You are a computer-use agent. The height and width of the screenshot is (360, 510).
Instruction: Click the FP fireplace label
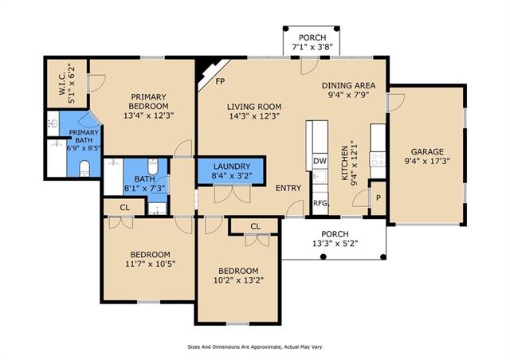tap(220, 81)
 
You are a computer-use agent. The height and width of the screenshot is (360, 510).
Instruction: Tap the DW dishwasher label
tap(320, 161)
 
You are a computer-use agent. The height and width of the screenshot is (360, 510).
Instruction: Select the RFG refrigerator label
tap(320, 203)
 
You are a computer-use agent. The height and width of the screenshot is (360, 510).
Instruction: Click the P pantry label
tap(379, 198)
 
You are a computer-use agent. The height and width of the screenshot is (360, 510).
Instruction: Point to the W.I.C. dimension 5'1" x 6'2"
tap(72, 84)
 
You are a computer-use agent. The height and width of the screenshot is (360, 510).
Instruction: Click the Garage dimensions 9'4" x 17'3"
tap(427, 161)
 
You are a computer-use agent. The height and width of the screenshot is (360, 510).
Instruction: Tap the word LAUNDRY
tap(232, 166)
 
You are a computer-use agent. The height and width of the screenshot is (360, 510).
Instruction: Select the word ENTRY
tap(288, 188)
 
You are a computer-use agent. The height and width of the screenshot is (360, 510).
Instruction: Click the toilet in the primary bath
tap(84, 168)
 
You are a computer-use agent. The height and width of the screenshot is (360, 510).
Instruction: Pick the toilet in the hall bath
tap(152, 166)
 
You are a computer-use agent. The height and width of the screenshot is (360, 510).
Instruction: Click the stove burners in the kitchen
tap(378, 159)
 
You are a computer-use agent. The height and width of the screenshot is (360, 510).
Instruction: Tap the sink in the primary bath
tap(53, 123)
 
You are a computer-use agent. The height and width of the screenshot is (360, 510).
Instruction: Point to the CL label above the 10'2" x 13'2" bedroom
tap(255, 226)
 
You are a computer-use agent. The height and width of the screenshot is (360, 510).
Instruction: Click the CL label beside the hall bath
tap(124, 208)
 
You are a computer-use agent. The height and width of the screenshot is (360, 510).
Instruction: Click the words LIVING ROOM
tap(254, 107)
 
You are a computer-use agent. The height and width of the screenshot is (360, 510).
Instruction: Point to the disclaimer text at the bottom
tap(255, 347)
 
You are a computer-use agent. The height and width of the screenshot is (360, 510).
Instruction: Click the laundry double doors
tap(232, 194)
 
